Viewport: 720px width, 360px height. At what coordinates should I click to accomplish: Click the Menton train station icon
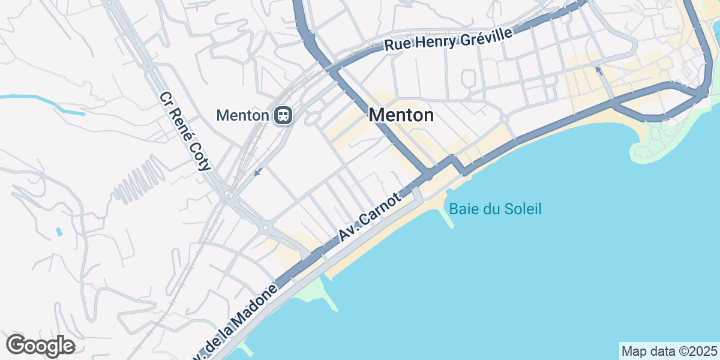click(283, 115)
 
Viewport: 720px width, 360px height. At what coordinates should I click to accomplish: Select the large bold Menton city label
click(401, 115)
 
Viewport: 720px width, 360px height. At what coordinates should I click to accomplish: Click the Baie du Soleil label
click(495, 209)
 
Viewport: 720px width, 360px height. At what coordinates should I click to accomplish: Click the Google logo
click(40, 346)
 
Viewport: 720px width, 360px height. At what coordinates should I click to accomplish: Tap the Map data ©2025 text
click(669, 350)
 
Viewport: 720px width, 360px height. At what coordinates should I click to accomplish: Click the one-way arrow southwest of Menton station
click(257, 173)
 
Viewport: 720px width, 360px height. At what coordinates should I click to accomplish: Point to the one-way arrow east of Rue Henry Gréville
click(598, 71)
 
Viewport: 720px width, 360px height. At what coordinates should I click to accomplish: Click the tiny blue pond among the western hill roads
click(58, 231)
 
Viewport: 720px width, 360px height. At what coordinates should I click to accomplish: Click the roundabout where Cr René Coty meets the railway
click(228, 194)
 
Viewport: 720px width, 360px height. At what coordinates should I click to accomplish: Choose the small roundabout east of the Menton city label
click(505, 119)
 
